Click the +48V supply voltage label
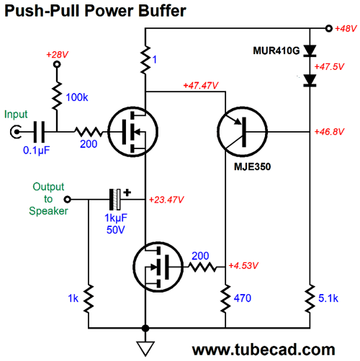pyautogui.click(x=346, y=29)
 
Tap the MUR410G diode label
pyautogui.click(x=276, y=50)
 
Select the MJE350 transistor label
pyautogui.click(x=252, y=166)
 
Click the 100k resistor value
pyautogui.click(x=77, y=97)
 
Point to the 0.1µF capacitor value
pyautogui.click(x=37, y=151)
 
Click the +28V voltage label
pyautogui.click(x=57, y=55)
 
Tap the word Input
pyautogui.click(x=16, y=115)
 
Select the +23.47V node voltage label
pyautogui.click(x=166, y=200)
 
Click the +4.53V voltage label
pyautogui.click(x=243, y=266)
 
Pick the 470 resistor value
pyautogui.click(x=243, y=298)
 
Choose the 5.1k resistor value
pyautogui.click(x=328, y=298)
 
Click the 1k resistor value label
pyautogui.click(x=73, y=298)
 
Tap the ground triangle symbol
pyautogui.click(x=145, y=348)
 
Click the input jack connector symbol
pyautogui.click(x=16, y=132)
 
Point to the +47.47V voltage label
pyautogui.click(x=201, y=85)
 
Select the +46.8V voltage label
pyautogui.click(x=329, y=132)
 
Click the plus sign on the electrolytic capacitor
pyautogui.click(x=127, y=192)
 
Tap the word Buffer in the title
pyautogui.click(x=162, y=11)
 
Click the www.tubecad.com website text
pyautogui.click(x=264, y=349)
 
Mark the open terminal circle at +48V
pyautogui.click(x=329, y=29)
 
